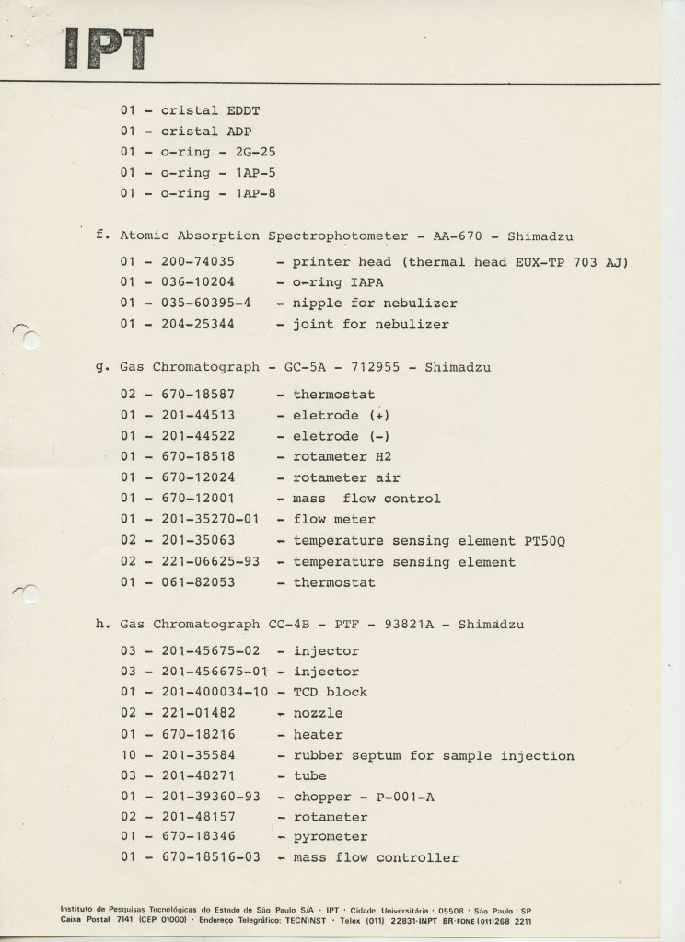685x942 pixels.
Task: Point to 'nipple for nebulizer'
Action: pos(375,303)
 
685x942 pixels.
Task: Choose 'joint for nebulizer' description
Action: pos(371,324)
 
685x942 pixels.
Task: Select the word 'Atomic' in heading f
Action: pos(144,235)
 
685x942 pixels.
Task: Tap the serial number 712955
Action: pos(372,367)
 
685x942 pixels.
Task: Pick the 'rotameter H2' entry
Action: pos(340,456)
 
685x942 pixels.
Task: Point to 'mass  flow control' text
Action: pos(366,499)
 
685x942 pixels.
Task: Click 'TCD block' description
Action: pos(330,692)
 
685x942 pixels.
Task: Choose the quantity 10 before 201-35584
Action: pos(130,755)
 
